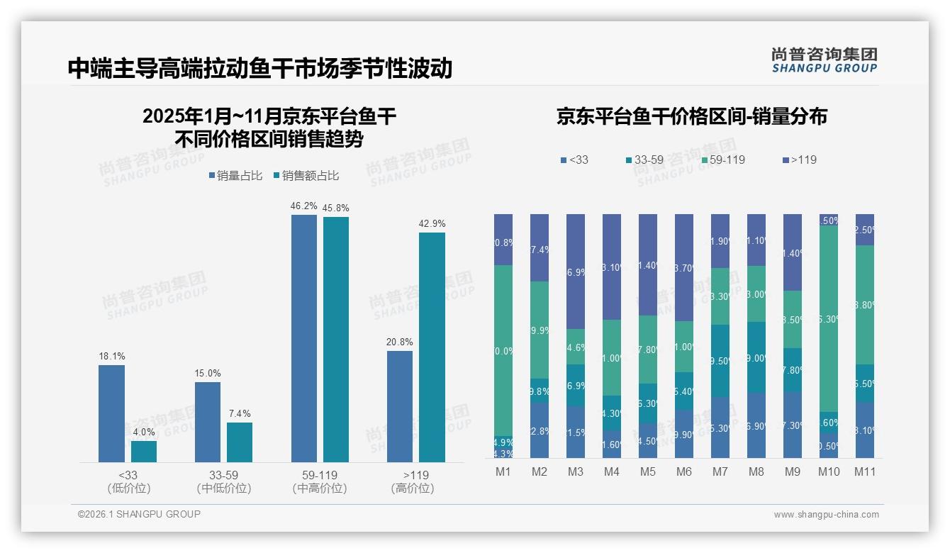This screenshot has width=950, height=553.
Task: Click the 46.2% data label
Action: point(303,206)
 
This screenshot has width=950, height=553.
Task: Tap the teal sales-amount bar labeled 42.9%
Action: point(432,347)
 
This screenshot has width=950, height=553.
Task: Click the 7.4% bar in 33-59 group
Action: point(240,442)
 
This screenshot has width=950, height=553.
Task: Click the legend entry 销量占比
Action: point(236,176)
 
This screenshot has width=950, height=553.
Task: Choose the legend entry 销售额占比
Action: point(306,176)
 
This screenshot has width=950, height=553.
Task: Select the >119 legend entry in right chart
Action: point(799,160)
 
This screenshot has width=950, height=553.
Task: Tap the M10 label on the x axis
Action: point(829,471)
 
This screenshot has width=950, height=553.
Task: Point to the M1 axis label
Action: point(503,471)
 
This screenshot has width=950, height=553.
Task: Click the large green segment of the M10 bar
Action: point(829,319)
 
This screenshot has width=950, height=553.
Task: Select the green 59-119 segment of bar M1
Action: point(503,350)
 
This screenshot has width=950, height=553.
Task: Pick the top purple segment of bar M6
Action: point(684,267)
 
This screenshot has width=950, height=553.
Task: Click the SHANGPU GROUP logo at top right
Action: point(824,60)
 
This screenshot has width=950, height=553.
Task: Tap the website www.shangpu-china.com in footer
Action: point(826,515)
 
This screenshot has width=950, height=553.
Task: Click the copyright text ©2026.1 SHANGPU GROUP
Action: point(139,514)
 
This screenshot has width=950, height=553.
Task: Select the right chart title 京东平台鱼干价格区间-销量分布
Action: point(691,117)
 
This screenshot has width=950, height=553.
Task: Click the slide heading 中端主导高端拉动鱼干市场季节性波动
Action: point(260,68)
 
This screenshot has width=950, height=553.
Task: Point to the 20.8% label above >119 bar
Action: point(400,342)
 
